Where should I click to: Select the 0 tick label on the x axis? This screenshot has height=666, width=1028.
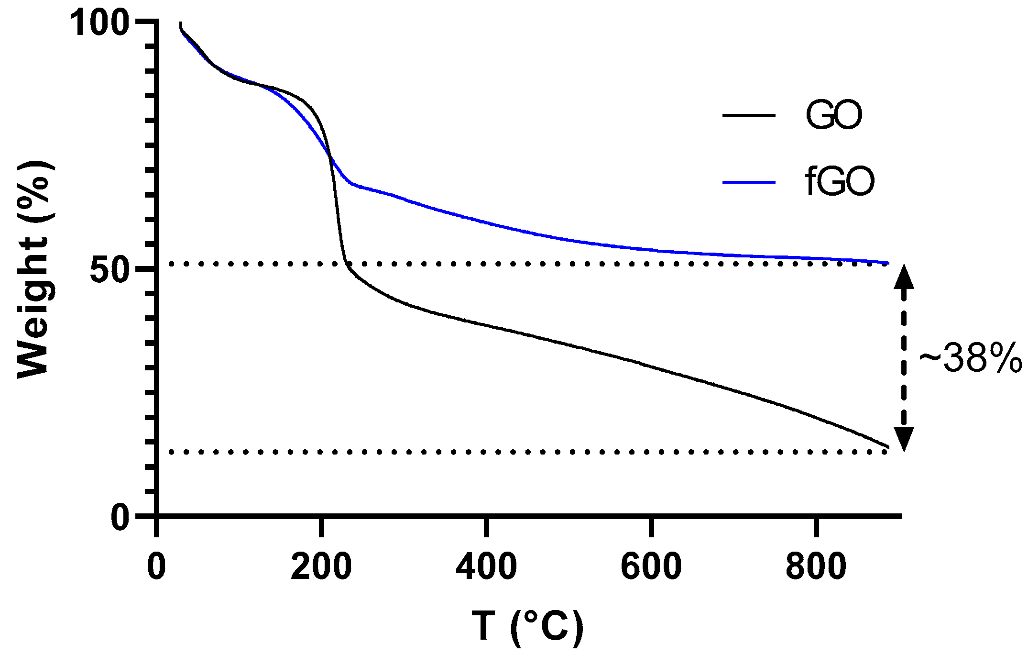[156, 567]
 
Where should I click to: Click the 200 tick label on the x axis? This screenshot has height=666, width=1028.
[321, 567]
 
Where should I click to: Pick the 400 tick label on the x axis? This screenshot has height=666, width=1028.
[486, 567]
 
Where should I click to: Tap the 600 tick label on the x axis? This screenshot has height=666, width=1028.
[651, 567]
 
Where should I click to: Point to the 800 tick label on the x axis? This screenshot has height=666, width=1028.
[816, 567]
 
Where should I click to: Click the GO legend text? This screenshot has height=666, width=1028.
[834, 116]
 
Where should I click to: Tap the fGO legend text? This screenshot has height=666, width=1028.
[840, 182]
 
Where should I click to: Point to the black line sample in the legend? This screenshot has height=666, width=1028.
[748, 115]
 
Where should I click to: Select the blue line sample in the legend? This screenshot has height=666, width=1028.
[748, 182]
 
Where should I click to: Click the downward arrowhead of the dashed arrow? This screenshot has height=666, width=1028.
[904, 438]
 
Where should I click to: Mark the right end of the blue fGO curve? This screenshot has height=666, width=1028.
[888, 263]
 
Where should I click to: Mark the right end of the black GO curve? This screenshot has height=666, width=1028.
[888, 447]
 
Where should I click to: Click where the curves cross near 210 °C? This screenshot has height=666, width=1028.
[329, 156]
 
